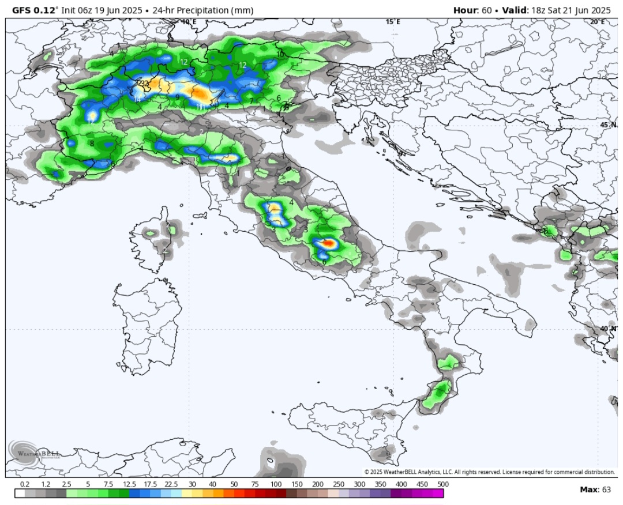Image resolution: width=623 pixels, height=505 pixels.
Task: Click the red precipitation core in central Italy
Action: pyautogui.click(x=328, y=243)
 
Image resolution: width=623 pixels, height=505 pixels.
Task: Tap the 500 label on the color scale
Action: pyautogui.click(x=443, y=484)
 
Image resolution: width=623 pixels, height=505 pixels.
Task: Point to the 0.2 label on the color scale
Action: pyautogui.click(x=25, y=484)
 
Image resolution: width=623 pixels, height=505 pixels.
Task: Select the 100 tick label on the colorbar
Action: pyautogui.click(x=276, y=484)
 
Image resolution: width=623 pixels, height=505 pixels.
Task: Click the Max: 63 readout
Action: pyautogui.click(x=595, y=489)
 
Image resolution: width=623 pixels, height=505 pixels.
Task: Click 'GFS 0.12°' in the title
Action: pyautogui.click(x=34, y=10)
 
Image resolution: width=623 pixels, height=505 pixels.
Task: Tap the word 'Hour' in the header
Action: pyautogui.click(x=465, y=10)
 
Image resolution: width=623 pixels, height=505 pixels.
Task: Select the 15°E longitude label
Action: pyautogui.click(x=393, y=22)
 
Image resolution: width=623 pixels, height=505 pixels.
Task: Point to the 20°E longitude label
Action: pyautogui.click(x=597, y=22)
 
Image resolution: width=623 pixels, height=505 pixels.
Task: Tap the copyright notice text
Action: pyautogui.click(x=489, y=472)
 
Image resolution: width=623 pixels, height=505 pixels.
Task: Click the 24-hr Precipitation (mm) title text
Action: pyautogui.click(x=199, y=10)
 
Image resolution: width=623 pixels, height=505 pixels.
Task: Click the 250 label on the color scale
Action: pyautogui.click(x=338, y=484)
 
